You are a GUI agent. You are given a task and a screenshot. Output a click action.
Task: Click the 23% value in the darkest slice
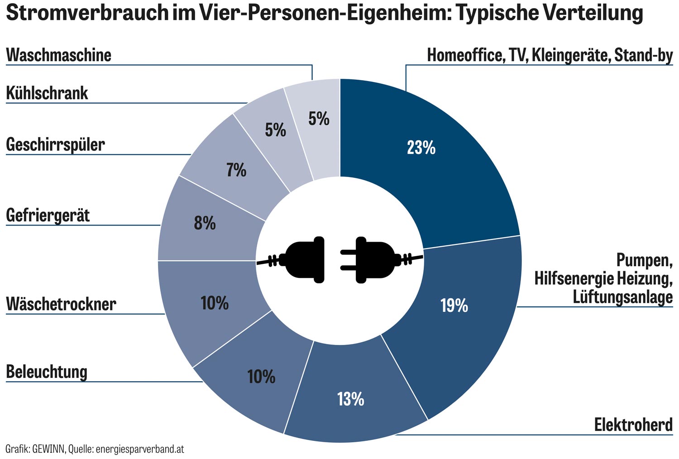click(x=421, y=148)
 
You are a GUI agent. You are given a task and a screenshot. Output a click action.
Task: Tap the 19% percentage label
click(x=454, y=306)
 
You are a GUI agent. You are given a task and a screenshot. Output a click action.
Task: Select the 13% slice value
click(x=350, y=399)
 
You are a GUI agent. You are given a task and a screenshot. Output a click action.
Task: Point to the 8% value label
click(x=205, y=223)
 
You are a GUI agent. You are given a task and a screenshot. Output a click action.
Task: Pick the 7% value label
click(x=236, y=170)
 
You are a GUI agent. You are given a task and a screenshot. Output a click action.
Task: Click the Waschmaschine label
click(x=59, y=55)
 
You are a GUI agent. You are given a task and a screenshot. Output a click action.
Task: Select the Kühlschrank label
click(x=47, y=93)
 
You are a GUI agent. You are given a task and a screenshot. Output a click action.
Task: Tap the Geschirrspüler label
click(x=55, y=145)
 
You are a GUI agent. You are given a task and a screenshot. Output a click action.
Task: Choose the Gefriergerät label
click(x=48, y=215)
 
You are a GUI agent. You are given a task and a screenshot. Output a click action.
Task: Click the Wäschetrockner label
click(x=61, y=304)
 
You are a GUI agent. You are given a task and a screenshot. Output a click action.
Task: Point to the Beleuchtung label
click(x=47, y=372)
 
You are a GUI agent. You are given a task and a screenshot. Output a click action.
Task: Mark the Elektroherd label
click(x=633, y=425)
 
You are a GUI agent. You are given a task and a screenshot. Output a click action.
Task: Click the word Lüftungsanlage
click(x=622, y=297)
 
